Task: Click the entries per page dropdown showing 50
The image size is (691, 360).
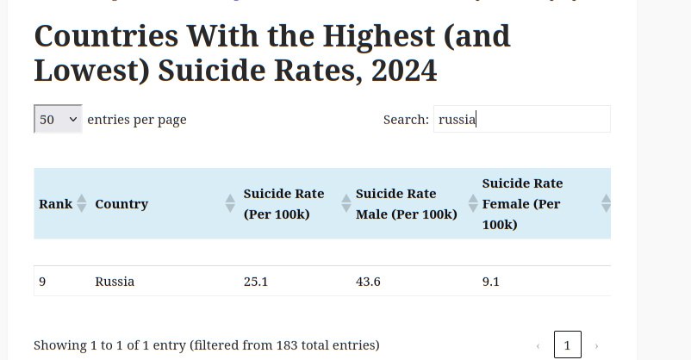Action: (58, 119)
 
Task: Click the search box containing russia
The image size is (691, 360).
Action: (522, 119)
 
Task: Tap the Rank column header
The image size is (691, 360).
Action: (56, 204)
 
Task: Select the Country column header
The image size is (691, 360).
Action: (121, 204)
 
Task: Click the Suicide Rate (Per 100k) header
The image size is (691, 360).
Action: (283, 204)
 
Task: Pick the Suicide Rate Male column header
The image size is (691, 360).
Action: (406, 204)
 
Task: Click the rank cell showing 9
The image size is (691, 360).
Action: (42, 282)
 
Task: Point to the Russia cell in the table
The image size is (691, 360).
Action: (115, 282)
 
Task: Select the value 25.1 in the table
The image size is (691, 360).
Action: (256, 282)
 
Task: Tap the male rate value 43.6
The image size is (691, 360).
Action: (368, 282)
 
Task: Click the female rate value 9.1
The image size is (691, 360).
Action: (491, 282)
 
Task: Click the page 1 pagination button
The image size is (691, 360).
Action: (567, 345)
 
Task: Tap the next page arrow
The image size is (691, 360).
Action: (596, 346)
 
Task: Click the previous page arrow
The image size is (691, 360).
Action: (538, 346)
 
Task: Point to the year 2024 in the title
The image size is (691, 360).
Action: (404, 71)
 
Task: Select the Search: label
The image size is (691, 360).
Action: (406, 120)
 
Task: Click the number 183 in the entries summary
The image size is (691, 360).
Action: (288, 345)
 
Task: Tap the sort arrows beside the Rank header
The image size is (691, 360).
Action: (82, 204)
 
